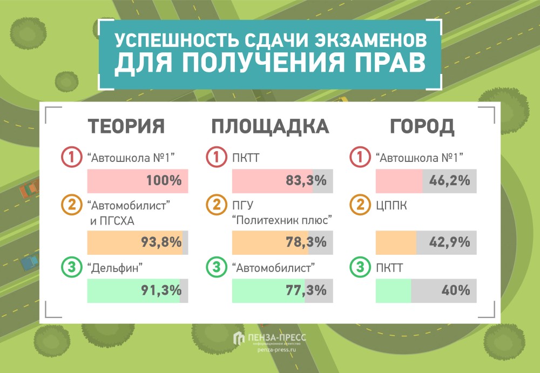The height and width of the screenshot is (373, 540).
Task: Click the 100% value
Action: click(x=164, y=181)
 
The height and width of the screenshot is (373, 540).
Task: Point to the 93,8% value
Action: click(x=161, y=242)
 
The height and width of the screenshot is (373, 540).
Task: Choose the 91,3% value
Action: click(x=161, y=290)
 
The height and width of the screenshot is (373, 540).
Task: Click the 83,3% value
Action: click(x=306, y=181)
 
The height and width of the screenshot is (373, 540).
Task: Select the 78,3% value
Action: click(x=306, y=242)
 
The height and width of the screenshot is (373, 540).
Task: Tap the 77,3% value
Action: click(x=306, y=290)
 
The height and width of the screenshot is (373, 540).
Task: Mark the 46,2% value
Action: click(x=449, y=181)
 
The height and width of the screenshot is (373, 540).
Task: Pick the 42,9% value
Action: click(x=449, y=242)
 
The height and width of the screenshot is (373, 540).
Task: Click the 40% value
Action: click(x=456, y=290)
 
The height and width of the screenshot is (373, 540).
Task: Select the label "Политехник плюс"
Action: click(x=281, y=220)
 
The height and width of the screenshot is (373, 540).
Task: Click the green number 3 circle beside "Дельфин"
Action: click(x=71, y=267)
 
